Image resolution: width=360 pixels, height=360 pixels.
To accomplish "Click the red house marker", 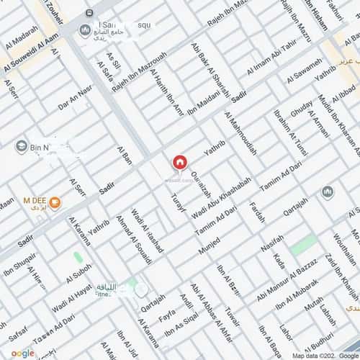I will tap(180, 162).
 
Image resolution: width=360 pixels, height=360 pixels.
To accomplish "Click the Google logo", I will tap(22, 353).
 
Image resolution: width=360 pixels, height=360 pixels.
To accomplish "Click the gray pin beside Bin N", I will tap(21, 146).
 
